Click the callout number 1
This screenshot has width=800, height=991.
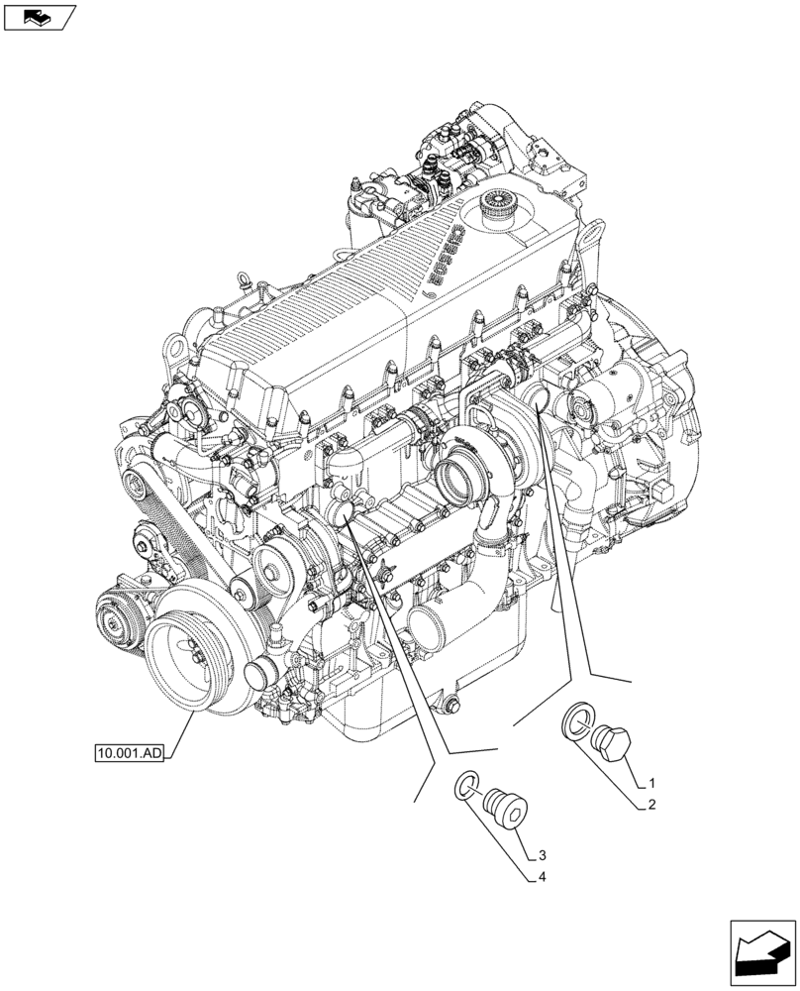coord(653,781)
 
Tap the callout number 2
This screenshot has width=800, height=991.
coord(652,806)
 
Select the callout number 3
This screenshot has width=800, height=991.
coord(543,854)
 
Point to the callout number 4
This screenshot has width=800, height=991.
coord(544,878)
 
